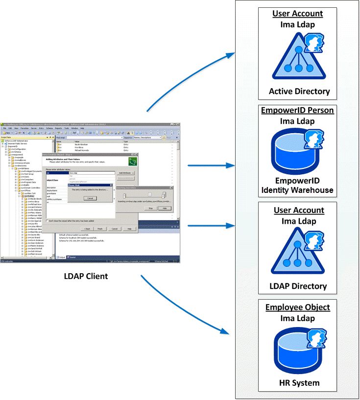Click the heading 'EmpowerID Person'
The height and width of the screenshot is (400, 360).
(x=297, y=110)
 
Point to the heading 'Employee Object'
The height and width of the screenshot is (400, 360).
(x=297, y=307)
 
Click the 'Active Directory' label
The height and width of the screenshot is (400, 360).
(x=299, y=91)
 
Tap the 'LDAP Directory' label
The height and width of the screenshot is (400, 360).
(x=298, y=286)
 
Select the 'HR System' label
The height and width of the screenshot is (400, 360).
(x=297, y=383)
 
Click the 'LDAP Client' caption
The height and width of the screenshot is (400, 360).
(x=86, y=276)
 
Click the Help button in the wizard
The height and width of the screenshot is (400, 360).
(x=129, y=228)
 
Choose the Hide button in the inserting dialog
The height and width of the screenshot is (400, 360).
(x=165, y=208)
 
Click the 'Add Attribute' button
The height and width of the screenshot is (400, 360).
(x=126, y=173)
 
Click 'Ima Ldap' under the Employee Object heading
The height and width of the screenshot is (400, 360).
(x=297, y=318)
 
